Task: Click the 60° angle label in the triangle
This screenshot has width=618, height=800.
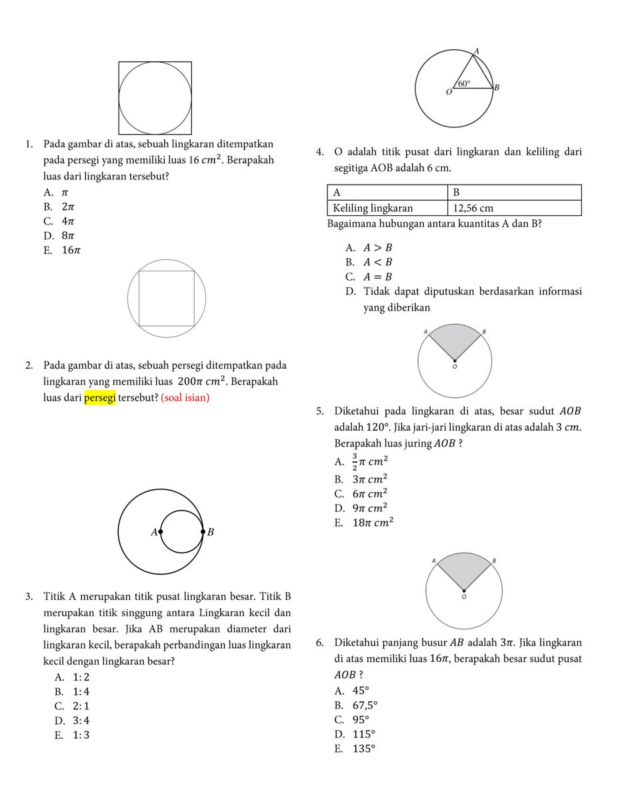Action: click(464, 84)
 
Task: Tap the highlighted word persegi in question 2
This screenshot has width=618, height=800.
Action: click(100, 398)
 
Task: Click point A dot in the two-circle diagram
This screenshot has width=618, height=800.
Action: click(161, 532)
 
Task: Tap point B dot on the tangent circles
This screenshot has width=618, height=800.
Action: click(203, 532)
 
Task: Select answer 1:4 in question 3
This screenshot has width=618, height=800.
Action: click(81, 691)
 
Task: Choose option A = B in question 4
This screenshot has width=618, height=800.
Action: click(377, 277)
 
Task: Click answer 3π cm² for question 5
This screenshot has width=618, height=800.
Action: click(370, 479)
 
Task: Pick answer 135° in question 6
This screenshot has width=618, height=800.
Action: click(364, 749)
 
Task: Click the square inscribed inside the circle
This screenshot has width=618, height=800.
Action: click(167, 299)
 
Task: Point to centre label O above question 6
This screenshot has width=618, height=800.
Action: click(463, 598)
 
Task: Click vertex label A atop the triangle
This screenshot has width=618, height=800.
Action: click(476, 51)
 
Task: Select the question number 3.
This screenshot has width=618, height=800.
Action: click(29, 596)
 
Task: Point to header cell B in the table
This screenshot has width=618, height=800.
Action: click(457, 192)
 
